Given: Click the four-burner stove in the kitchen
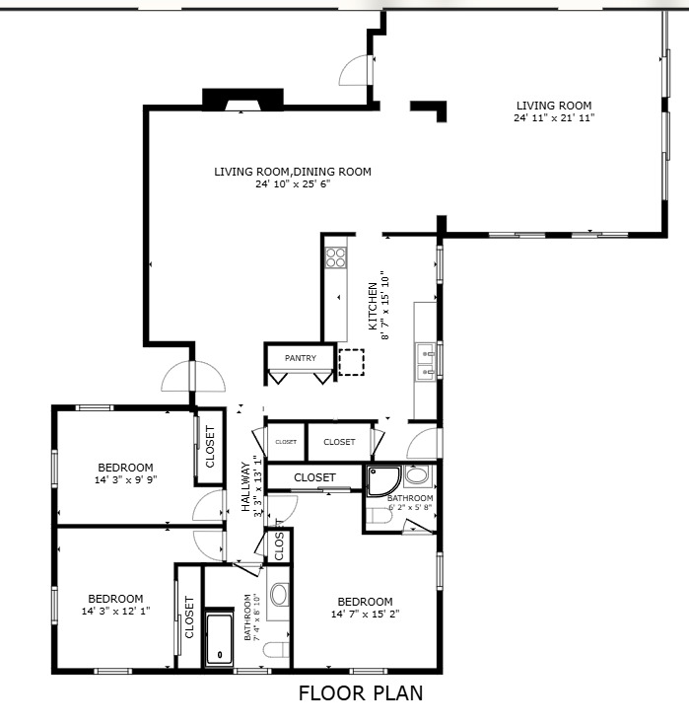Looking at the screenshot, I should (x=336, y=256).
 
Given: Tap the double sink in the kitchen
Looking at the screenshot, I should (x=425, y=361).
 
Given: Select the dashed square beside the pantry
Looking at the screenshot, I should (x=352, y=362).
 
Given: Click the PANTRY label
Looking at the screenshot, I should (x=300, y=358).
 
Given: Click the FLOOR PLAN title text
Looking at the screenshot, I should (x=361, y=693).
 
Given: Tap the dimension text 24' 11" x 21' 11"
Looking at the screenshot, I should (x=554, y=118).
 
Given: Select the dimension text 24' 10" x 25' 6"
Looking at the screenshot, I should (x=293, y=184).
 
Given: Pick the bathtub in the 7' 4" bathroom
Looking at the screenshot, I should (x=218, y=638).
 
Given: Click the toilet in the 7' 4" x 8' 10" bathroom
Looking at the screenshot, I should (x=279, y=648).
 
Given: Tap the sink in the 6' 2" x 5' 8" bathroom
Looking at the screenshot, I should (x=417, y=476).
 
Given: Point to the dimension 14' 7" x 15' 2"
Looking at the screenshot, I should (x=365, y=615).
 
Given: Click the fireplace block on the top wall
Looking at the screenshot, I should (x=234, y=100).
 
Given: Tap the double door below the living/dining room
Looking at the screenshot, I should (x=194, y=376).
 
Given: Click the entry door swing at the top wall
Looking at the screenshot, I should (x=356, y=69).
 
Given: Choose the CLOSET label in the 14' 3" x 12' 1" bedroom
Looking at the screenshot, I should (x=189, y=617).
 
